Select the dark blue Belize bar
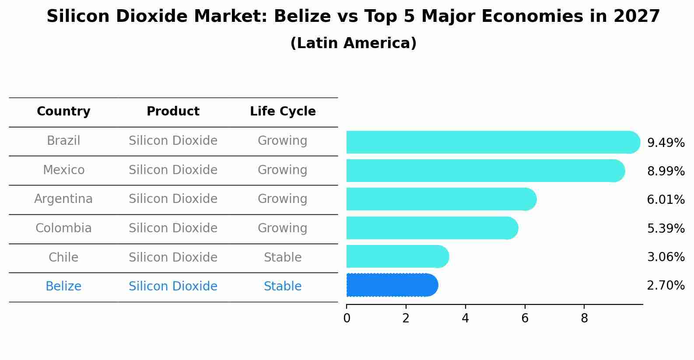392,285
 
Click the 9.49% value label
666,143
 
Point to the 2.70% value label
666,286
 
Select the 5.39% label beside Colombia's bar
666,228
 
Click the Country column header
63,112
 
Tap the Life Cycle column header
283,112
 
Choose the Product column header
173,112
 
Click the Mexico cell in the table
63,170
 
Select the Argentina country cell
63,199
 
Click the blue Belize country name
63,287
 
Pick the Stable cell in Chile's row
283,258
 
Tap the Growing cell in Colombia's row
283,228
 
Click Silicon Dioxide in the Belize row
173,287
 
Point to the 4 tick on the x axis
465,318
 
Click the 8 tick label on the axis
584,318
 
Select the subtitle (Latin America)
353,43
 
